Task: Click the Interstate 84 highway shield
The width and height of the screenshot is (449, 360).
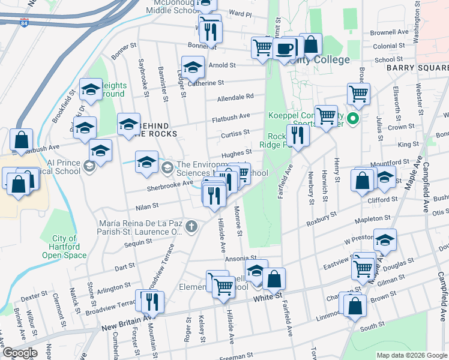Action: [x=23, y=22]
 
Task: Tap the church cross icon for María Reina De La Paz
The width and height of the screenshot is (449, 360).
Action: [x=191, y=226]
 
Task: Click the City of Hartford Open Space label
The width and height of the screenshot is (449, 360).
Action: [x=64, y=247]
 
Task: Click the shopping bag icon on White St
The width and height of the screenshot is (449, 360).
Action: [x=274, y=279]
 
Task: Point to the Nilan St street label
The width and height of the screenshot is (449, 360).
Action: [x=146, y=205]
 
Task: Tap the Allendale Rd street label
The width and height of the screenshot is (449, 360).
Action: [x=235, y=97]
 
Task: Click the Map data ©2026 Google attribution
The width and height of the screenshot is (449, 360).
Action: [x=411, y=355]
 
